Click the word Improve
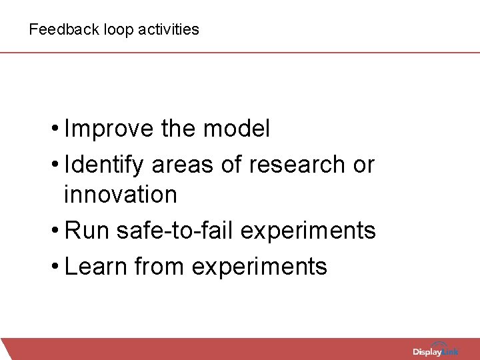110,129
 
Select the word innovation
121,195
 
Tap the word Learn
97,266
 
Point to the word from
160,266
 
